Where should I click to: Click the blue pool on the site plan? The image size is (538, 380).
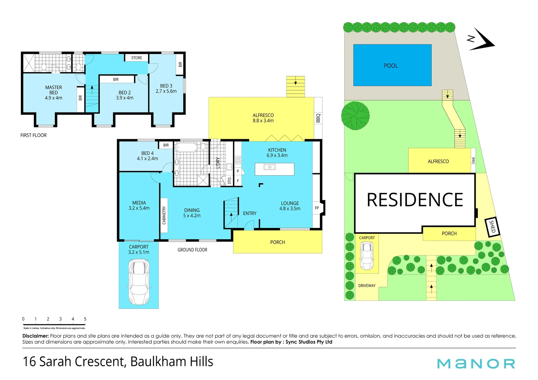[x=392, y=65]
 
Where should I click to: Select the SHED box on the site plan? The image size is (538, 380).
[x=492, y=226]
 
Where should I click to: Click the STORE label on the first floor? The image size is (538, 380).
[x=137, y=58]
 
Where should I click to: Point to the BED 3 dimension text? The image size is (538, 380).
[x=166, y=91]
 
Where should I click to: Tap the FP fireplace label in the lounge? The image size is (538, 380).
[x=317, y=208]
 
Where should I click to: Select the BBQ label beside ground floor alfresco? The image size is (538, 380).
[x=318, y=118]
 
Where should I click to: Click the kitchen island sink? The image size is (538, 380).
[x=270, y=167]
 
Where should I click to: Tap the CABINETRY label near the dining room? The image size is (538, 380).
[x=164, y=215]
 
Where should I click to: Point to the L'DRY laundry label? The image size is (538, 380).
[x=218, y=163]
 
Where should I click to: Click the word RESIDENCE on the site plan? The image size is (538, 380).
[x=415, y=200]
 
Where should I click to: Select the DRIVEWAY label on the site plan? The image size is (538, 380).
[x=367, y=286]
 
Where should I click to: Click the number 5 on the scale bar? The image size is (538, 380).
[x=85, y=319]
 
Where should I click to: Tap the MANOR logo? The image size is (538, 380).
[x=476, y=363]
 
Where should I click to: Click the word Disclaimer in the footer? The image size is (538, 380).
[x=35, y=336]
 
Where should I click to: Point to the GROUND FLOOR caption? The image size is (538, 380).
[x=192, y=250]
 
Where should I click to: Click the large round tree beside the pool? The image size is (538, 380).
[x=355, y=116]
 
